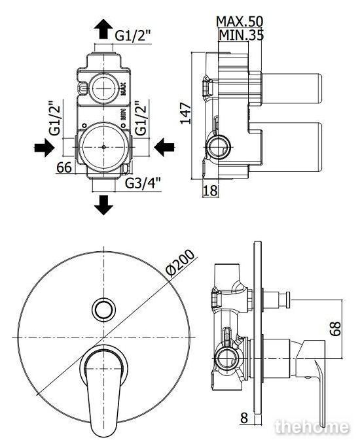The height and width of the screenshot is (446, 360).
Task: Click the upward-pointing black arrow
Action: (103, 29)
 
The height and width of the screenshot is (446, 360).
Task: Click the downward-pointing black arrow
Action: (103, 205)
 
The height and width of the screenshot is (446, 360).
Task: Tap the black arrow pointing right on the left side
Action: (44, 148)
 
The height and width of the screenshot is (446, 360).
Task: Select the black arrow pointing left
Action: (164, 147)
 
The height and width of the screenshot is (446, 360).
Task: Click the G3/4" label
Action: (143, 183)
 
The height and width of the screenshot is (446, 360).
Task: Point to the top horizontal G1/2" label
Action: (133, 36)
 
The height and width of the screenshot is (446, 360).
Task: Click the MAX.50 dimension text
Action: (240, 22)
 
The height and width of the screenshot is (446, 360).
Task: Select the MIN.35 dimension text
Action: (242, 35)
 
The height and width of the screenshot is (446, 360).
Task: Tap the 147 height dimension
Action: (186, 113)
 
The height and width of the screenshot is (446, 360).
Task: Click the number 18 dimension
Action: (211, 190)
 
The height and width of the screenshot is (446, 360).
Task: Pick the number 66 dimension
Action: (64, 167)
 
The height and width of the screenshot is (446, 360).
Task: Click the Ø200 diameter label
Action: (181, 263)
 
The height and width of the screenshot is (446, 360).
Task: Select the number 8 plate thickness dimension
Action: (244, 418)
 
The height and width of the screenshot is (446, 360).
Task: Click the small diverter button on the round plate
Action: (103, 309)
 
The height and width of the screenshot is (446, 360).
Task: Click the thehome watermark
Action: (312, 426)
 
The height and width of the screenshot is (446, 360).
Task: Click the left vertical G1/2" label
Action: (55, 118)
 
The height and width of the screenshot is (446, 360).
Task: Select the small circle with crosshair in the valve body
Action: (103, 88)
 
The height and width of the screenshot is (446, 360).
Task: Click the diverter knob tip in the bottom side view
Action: (288, 300)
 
